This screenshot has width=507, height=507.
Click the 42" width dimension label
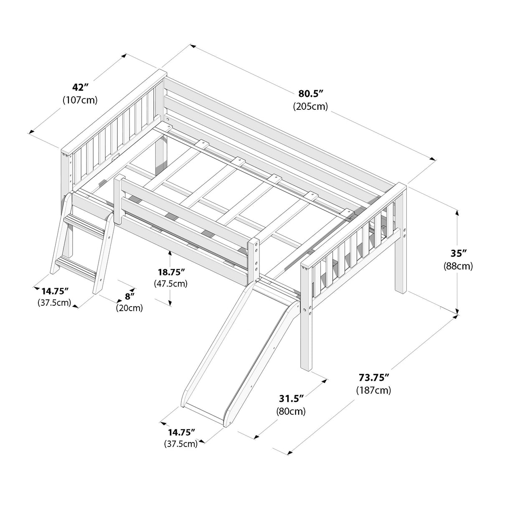(80, 87)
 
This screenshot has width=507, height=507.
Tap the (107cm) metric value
(80, 100)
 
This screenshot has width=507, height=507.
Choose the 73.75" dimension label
(374, 377)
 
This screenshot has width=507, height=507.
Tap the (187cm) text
(374, 390)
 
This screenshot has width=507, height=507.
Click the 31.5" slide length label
(291, 398)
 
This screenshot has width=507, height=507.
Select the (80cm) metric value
(291, 411)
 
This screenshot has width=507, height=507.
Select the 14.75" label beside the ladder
(54, 291)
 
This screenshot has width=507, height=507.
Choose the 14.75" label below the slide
(181, 432)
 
